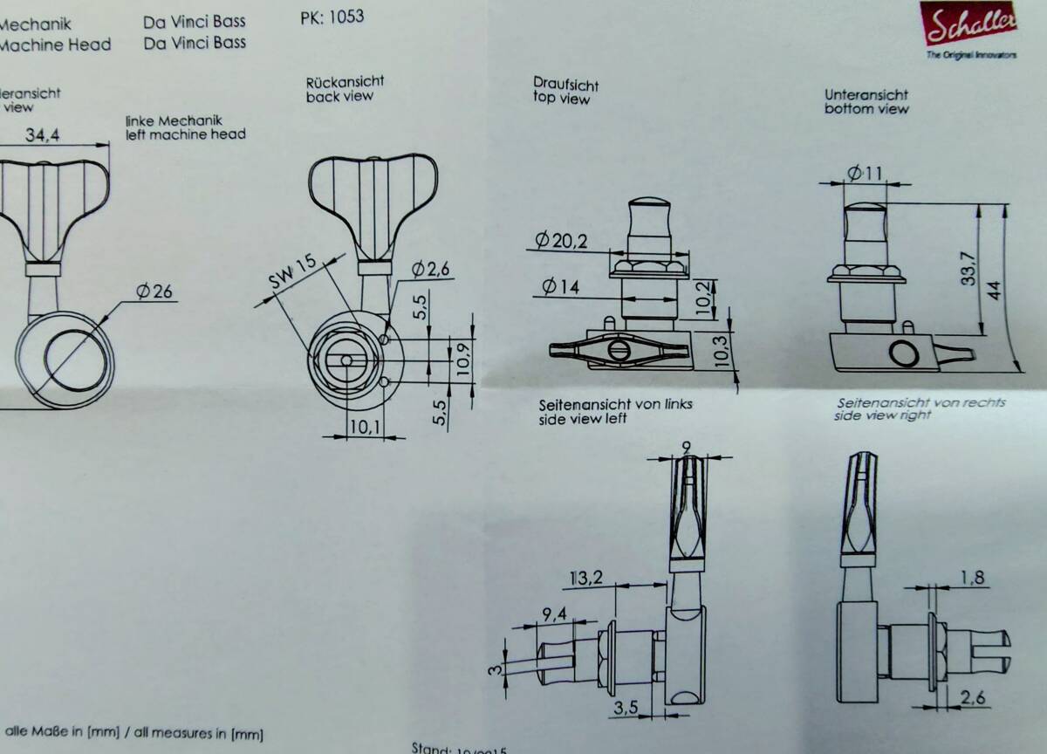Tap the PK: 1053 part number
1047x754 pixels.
[x=331, y=17]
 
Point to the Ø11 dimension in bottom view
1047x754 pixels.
[x=865, y=173]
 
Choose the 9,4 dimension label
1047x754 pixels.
[x=554, y=614]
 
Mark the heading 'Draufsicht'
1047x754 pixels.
[x=566, y=84]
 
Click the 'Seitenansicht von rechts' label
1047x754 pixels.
[x=920, y=402]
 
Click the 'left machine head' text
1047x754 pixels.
[x=185, y=134]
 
